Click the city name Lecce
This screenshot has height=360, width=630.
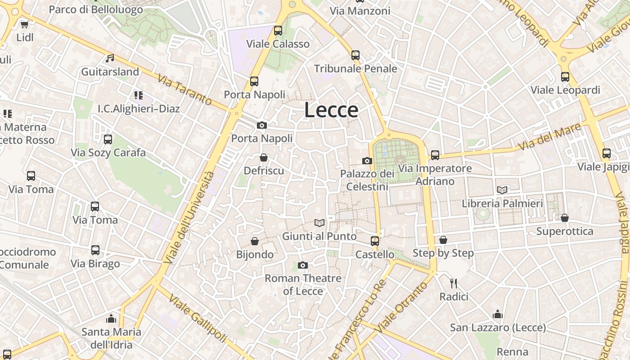(331, 110)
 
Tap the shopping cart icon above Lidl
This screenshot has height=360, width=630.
(24, 24)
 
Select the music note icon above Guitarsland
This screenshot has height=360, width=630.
(110, 58)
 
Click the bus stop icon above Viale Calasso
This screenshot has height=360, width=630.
(278, 31)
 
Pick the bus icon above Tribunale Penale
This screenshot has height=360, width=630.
(355, 55)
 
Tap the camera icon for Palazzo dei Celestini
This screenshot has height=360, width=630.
(367, 161)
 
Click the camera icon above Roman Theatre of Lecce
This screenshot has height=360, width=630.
(303, 265)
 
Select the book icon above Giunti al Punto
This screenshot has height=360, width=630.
(319, 223)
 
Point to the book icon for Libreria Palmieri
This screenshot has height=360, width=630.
(502, 190)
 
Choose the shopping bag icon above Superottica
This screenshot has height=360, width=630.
(565, 218)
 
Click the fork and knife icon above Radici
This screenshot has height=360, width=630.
(454, 283)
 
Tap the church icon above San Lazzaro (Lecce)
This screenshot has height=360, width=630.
(498, 314)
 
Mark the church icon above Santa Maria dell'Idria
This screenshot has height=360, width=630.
(111, 319)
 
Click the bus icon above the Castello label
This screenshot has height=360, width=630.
(375, 241)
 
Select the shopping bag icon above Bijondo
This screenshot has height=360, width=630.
(255, 241)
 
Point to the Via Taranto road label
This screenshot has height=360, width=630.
(184, 89)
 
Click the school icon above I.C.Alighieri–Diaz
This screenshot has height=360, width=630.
(139, 95)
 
